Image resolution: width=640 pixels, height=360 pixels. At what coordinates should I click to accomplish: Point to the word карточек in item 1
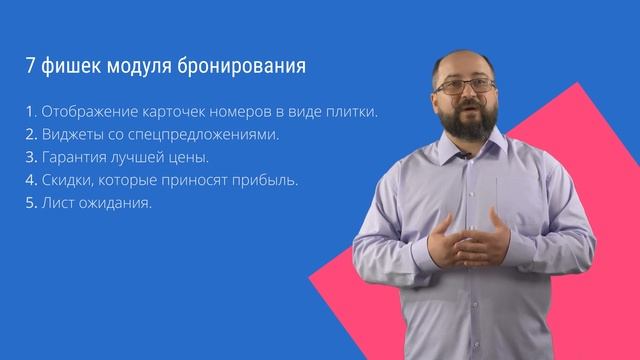point(179,110)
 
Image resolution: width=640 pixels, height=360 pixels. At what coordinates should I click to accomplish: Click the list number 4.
point(30,181)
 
